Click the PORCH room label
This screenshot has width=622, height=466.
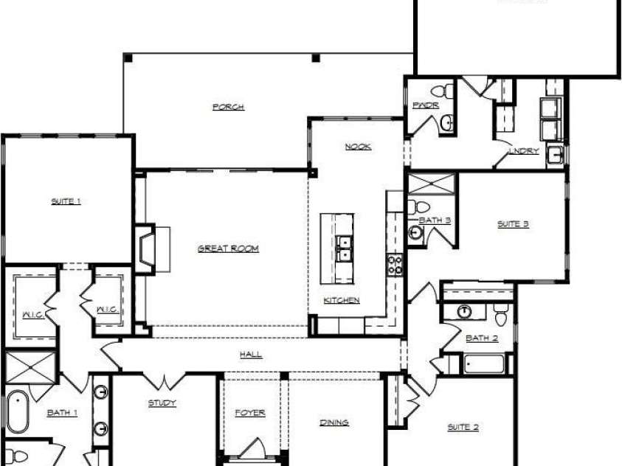pos(228,107)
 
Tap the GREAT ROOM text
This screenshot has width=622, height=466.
pos(228,248)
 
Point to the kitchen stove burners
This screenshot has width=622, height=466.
pos(395,264)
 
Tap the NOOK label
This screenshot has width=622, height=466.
pos(358,147)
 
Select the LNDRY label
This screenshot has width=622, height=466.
pos(524,151)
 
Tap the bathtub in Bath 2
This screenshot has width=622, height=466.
pos(483,364)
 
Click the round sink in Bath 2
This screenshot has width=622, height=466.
pos(464,310)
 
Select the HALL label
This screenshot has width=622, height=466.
pos(251,355)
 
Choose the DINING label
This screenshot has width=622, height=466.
pos(334,422)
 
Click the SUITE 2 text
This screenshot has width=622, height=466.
pos(463,427)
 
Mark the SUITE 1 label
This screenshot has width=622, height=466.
pos(66,201)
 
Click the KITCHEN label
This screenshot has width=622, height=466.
pos(342,300)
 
